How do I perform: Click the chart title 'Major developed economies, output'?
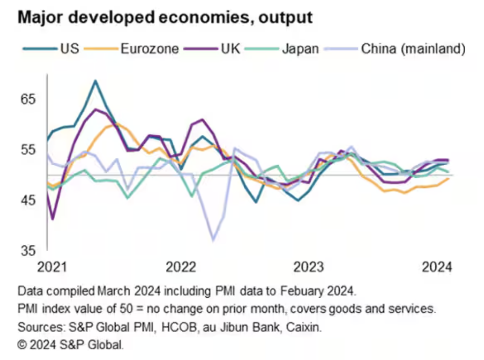click(x=165, y=17)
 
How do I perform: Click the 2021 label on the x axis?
click(x=52, y=267)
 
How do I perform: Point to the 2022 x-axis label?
click(x=181, y=267)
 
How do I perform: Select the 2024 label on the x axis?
click(x=437, y=267)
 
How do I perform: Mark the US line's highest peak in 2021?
click(x=96, y=81)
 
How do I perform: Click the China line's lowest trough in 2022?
click(x=213, y=240)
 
